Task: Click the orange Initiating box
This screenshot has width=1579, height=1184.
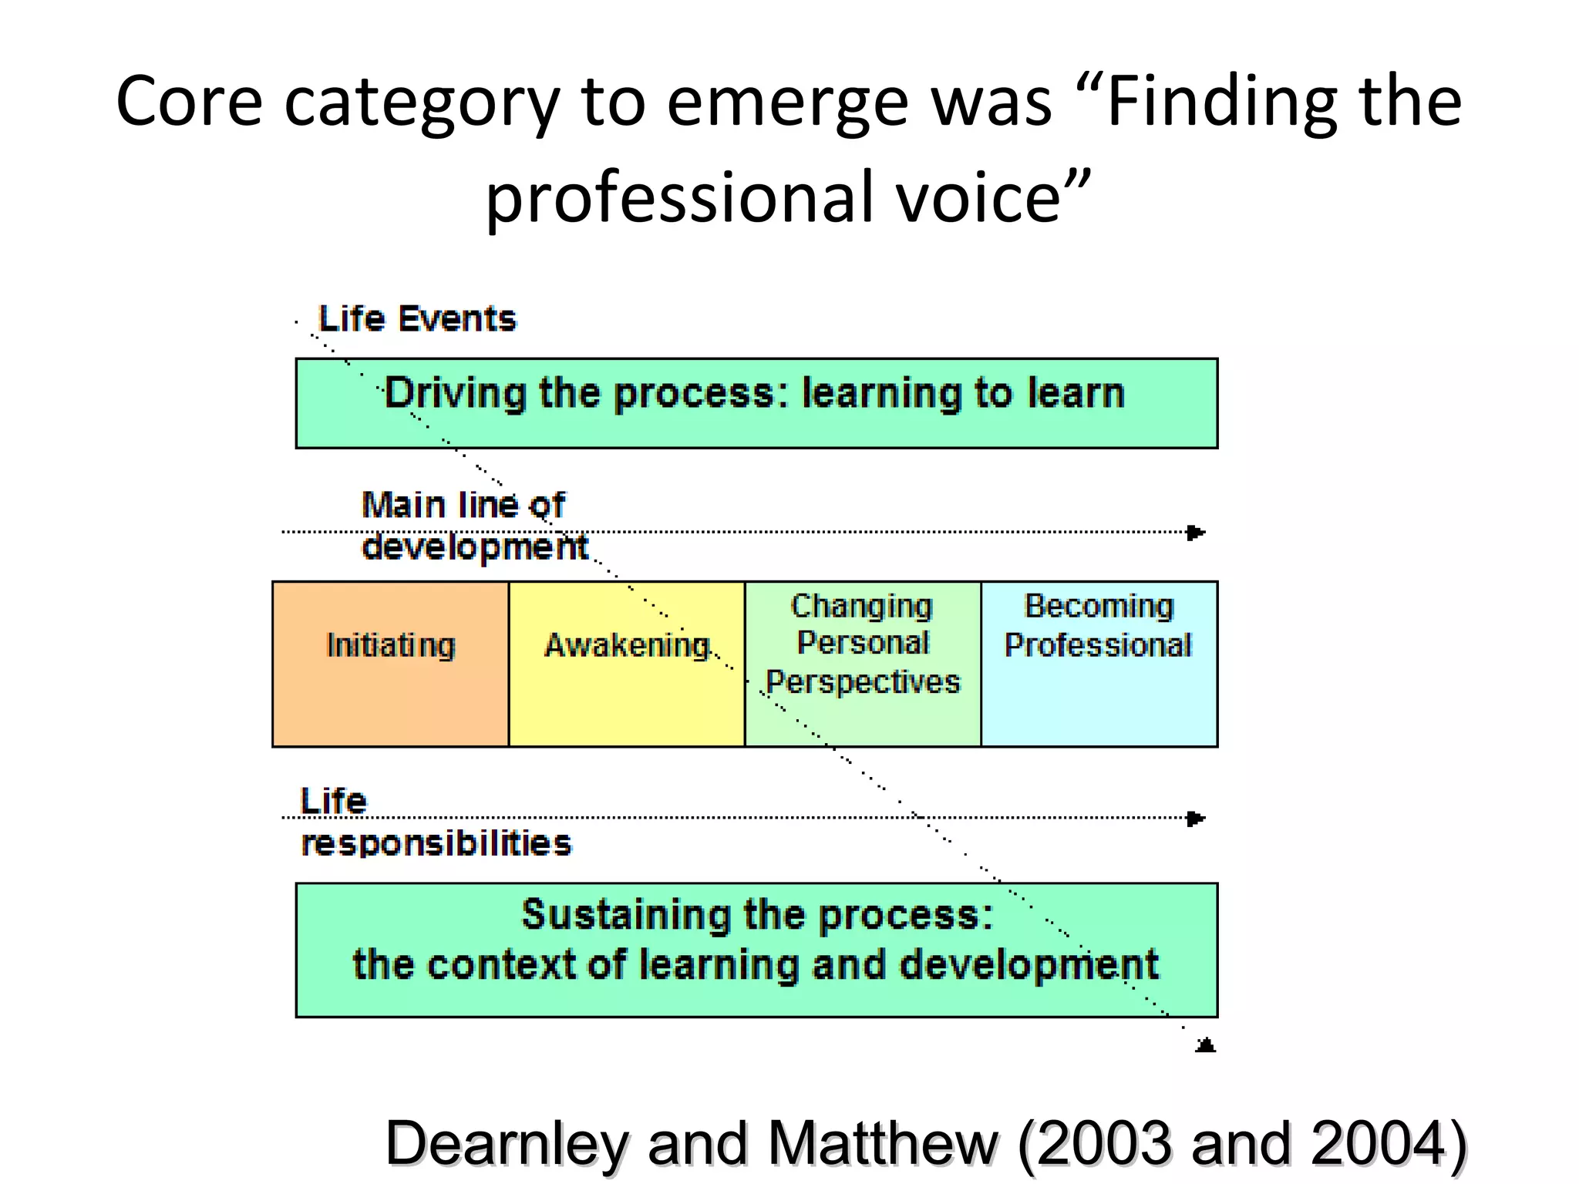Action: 391,664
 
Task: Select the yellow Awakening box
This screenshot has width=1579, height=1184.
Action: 627,664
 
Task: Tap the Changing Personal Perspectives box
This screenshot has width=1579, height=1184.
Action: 863,664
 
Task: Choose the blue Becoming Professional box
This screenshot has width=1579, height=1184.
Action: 1099,664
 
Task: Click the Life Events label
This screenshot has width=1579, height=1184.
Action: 417,319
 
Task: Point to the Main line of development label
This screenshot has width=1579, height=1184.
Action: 473,526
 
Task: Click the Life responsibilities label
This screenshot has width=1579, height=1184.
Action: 436,822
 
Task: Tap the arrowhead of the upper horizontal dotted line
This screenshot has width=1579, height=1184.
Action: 1196,533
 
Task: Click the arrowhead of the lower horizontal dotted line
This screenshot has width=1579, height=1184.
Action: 1196,819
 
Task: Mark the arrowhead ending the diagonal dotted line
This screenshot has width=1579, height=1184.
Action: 1206,1045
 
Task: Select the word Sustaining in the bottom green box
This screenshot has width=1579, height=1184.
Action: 625,915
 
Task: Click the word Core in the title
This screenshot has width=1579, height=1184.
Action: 190,102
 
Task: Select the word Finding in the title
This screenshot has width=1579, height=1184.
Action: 1223,102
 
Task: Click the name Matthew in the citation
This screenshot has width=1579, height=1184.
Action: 884,1143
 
